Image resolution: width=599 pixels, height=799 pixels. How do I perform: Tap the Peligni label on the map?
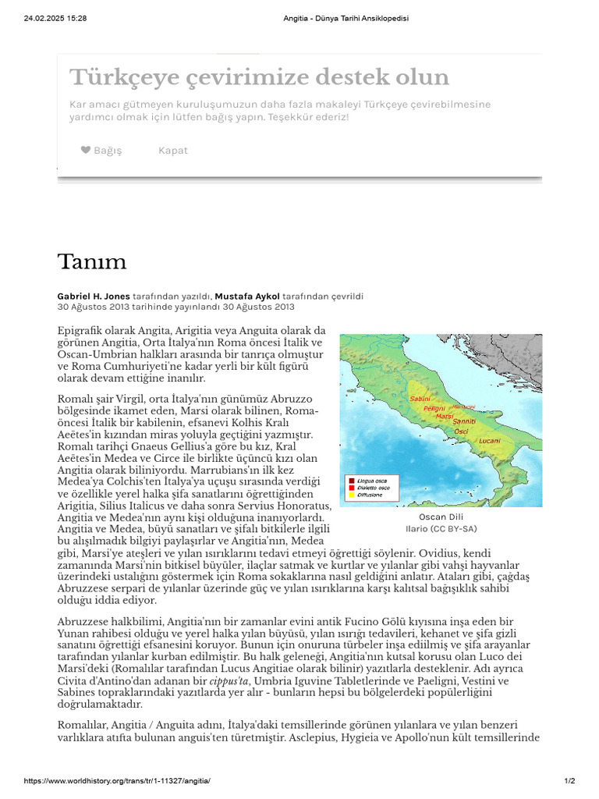tap(434, 408)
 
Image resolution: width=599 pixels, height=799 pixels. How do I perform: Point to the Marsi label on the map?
tap(445, 417)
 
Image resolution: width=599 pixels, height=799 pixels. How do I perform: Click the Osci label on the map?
tap(462, 431)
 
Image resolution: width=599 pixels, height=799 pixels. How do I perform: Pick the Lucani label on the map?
tap(489, 441)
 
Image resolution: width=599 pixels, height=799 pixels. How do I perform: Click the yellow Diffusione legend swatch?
tap(352, 495)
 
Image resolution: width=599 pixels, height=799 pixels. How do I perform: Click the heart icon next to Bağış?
tap(86, 150)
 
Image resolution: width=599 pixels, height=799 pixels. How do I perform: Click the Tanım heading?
tap(92, 261)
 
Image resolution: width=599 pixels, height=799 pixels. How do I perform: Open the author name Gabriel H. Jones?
tap(94, 297)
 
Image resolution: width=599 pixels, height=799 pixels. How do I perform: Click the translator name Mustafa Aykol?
tap(250, 297)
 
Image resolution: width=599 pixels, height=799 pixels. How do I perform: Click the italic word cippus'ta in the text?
tap(236, 681)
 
